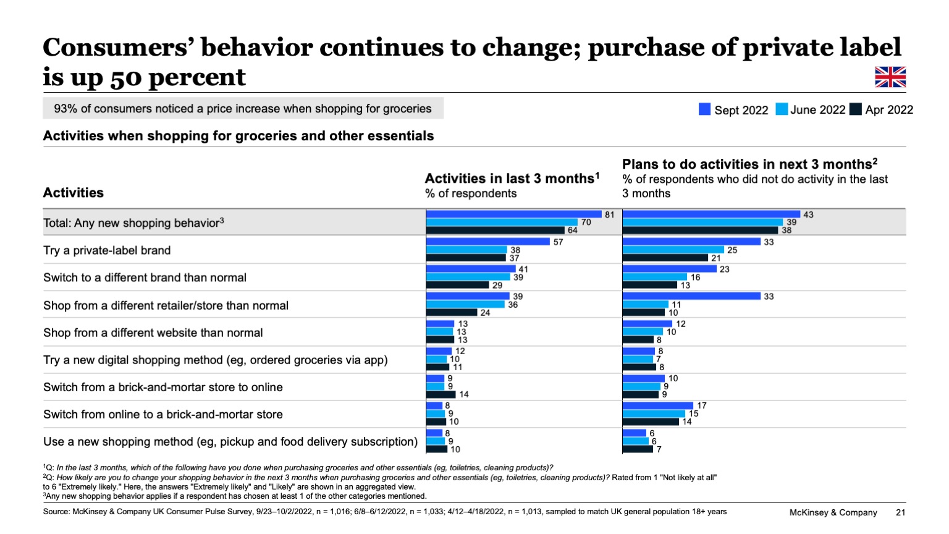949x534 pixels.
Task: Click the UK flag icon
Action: tap(890, 77)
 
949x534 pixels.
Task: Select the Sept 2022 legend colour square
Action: tap(704, 109)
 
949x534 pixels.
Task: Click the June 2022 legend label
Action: tap(817, 110)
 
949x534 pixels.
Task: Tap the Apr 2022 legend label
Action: tap(889, 110)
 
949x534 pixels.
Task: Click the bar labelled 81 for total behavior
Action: tap(513, 214)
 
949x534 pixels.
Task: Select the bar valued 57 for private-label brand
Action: tap(488, 242)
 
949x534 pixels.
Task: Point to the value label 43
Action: tap(808, 214)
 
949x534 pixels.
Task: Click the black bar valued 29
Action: tap(457, 285)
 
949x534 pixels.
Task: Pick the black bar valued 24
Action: tap(452, 312)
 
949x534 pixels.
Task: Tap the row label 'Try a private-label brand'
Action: tap(107, 250)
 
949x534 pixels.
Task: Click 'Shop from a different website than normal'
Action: tap(153, 333)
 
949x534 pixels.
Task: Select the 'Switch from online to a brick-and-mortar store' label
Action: tap(163, 415)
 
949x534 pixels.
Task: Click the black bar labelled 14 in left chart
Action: tap(441, 394)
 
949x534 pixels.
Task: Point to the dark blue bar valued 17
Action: tap(658, 405)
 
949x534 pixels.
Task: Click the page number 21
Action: tap(900, 512)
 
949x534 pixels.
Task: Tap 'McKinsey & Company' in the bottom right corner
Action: tap(833, 512)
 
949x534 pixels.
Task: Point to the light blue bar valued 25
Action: tap(673, 250)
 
